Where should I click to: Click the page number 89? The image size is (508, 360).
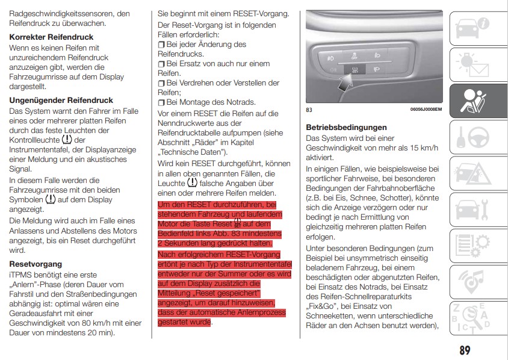464,349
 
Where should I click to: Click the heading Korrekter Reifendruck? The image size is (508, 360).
52,37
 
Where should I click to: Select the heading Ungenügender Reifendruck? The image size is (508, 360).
61,100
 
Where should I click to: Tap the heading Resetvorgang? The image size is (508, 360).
36,264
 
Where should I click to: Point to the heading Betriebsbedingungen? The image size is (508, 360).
346,128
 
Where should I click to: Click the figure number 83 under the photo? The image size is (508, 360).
309,110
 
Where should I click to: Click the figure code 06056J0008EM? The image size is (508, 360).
426,110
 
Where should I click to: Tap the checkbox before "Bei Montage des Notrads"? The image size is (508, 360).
161,102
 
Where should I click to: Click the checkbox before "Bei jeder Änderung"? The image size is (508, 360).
161,45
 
